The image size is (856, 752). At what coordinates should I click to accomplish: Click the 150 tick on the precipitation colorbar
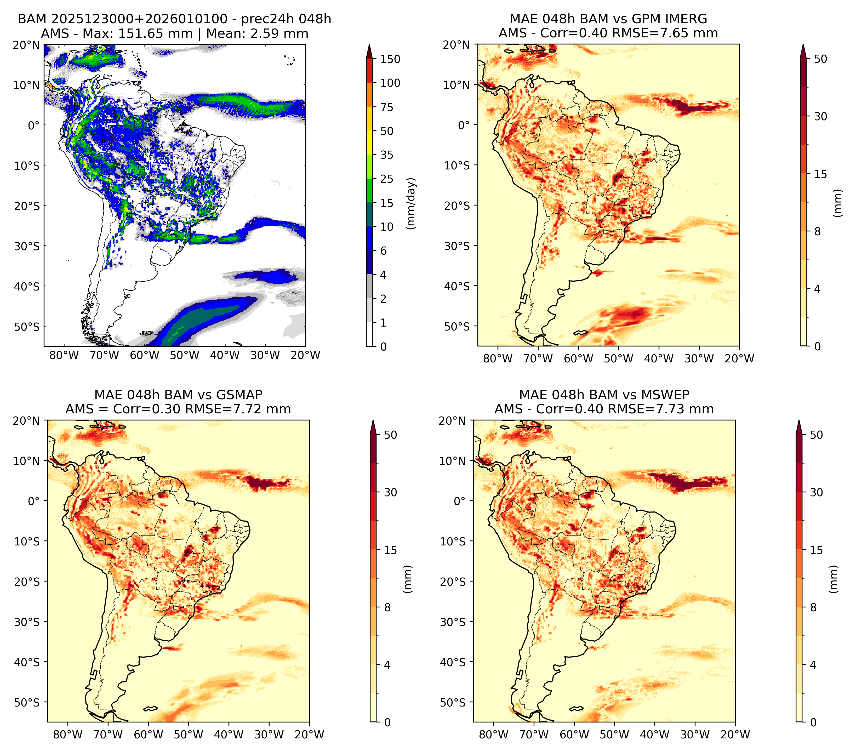[390, 59]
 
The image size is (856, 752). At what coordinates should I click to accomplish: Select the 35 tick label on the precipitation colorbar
[386, 155]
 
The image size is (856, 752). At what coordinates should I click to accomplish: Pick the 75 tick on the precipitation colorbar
[386, 107]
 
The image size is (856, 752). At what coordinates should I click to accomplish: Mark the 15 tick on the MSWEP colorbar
[816, 550]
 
